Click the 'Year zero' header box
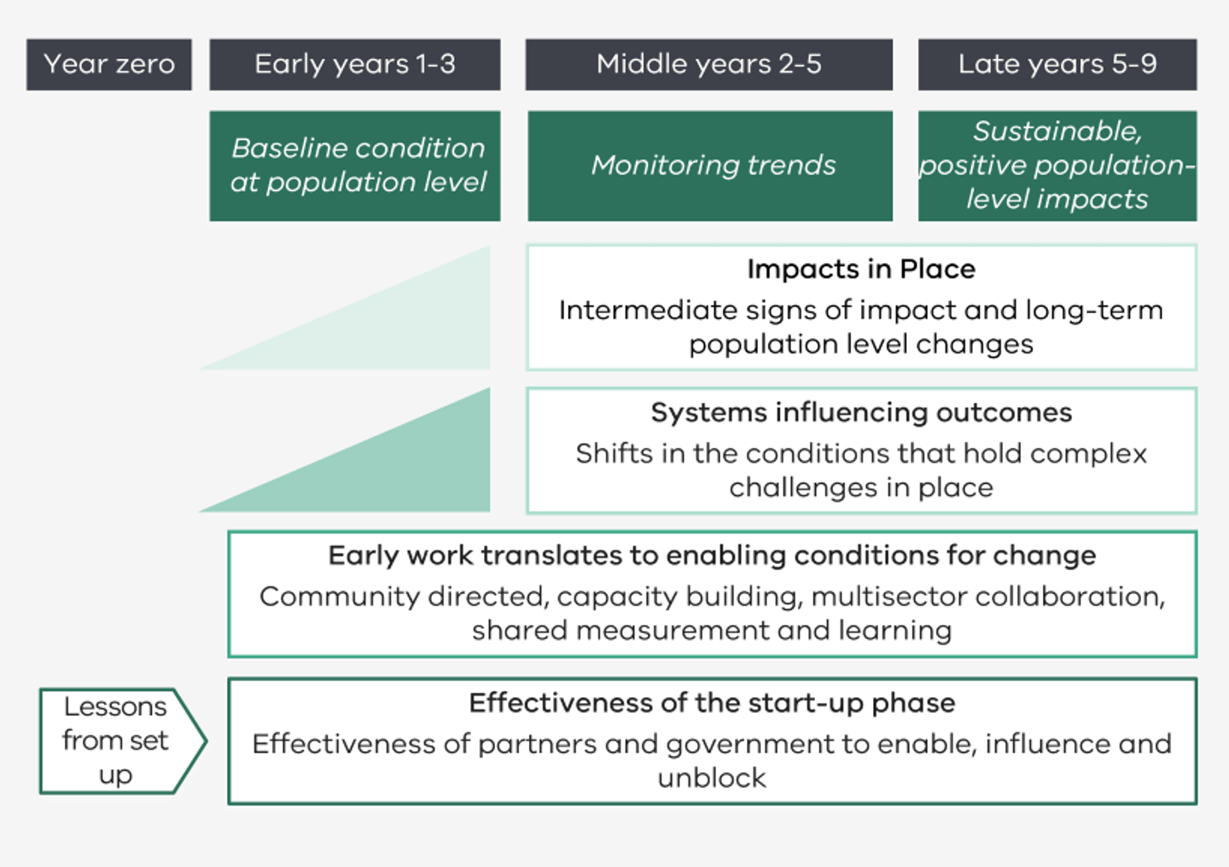(x=109, y=64)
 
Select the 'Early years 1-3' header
(x=355, y=64)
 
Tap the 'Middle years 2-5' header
(x=708, y=64)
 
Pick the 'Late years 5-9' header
(x=1057, y=64)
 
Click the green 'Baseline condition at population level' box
(x=355, y=166)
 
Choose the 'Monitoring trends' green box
(x=710, y=166)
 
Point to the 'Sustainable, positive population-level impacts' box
(x=1057, y=166)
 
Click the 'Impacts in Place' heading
(x=860, y=270)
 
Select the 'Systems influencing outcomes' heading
(x=860, y=413)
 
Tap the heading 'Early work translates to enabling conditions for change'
(x=712, y=556)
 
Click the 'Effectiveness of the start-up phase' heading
(x=712, y=703)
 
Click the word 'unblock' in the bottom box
(x=712, y=778)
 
